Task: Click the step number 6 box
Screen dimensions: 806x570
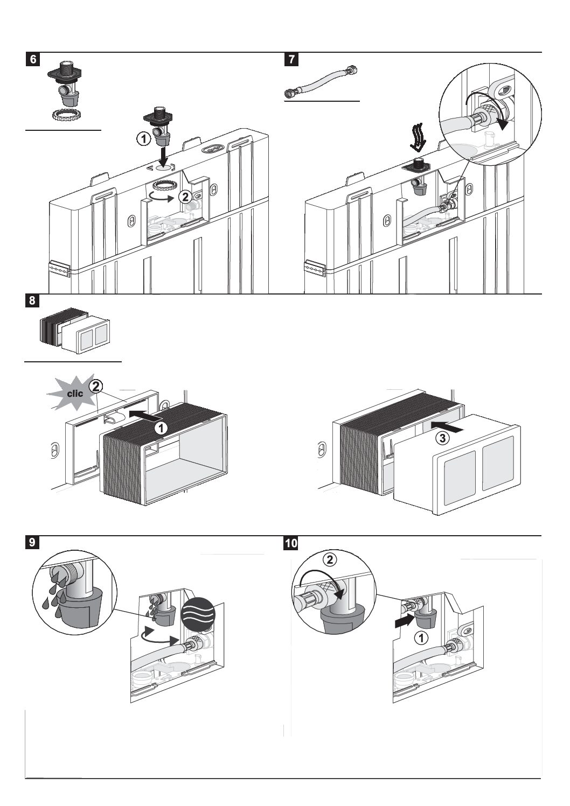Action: (33, 59)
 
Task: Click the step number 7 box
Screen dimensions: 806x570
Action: (291, 59)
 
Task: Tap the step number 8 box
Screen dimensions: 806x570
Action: (32, 300)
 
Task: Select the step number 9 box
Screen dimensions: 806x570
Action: (32, 543)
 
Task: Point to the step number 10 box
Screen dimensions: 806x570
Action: (291, 543)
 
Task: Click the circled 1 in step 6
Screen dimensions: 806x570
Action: (143, 139)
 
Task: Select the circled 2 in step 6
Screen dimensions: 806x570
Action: (185, 197)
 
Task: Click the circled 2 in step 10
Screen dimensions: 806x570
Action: (330, 559)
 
